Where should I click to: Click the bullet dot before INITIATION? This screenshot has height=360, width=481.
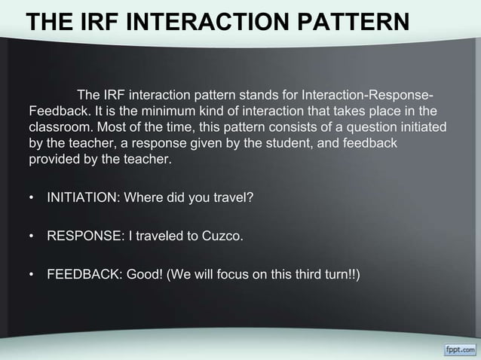(x=31, y=199)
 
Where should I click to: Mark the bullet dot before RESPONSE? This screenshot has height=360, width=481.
(x=31, y=237)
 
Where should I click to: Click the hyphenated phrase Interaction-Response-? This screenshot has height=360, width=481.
(x=367, y=96)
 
